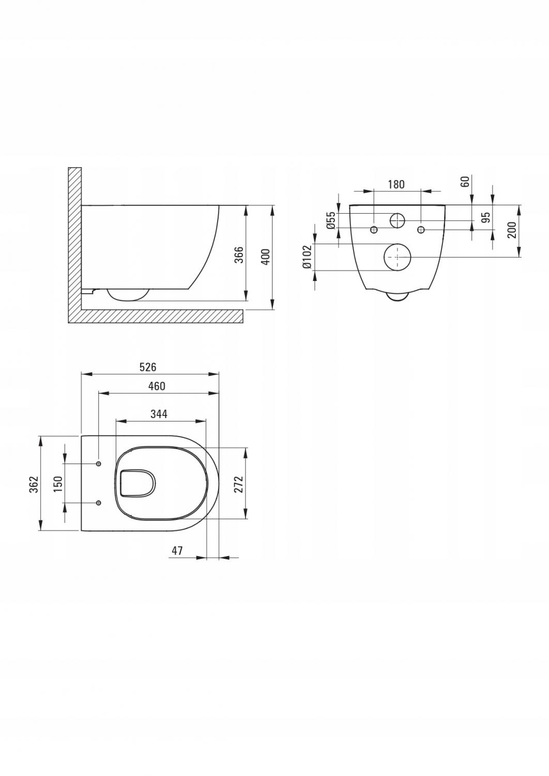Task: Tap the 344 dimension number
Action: coord(159,414)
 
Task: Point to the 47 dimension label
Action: coord(177,550)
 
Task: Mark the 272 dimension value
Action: coord(239,484)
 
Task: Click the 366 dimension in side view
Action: coord(239,255)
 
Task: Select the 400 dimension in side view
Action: coord(265,257)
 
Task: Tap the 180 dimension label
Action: coord(395,184)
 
